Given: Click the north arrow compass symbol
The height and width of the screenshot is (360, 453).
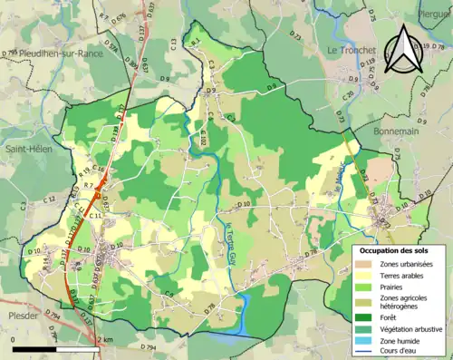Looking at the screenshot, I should [406, 52].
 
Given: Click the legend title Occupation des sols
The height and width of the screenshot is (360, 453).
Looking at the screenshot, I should [396, 249].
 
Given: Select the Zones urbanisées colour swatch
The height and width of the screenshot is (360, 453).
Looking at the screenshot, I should [365, 263].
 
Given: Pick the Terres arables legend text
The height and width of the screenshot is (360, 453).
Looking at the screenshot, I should [407, 276].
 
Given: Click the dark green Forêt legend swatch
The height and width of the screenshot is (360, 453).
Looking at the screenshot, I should [365, 317].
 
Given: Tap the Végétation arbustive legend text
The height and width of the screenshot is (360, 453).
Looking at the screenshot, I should [413, 329].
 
